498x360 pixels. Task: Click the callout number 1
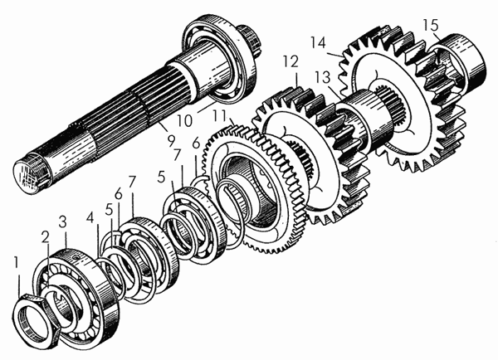pos(17,264)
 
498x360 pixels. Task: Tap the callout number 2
pos(46,237)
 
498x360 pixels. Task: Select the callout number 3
pos(63,222)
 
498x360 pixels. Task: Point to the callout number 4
pos(90,218)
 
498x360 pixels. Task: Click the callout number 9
pos(171,141)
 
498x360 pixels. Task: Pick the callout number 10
pos(184,121)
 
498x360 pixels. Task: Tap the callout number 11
pos(221,116)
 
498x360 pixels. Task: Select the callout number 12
pos(291,62)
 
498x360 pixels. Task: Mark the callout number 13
pos(323,77)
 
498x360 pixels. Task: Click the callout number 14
pos(318,43)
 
